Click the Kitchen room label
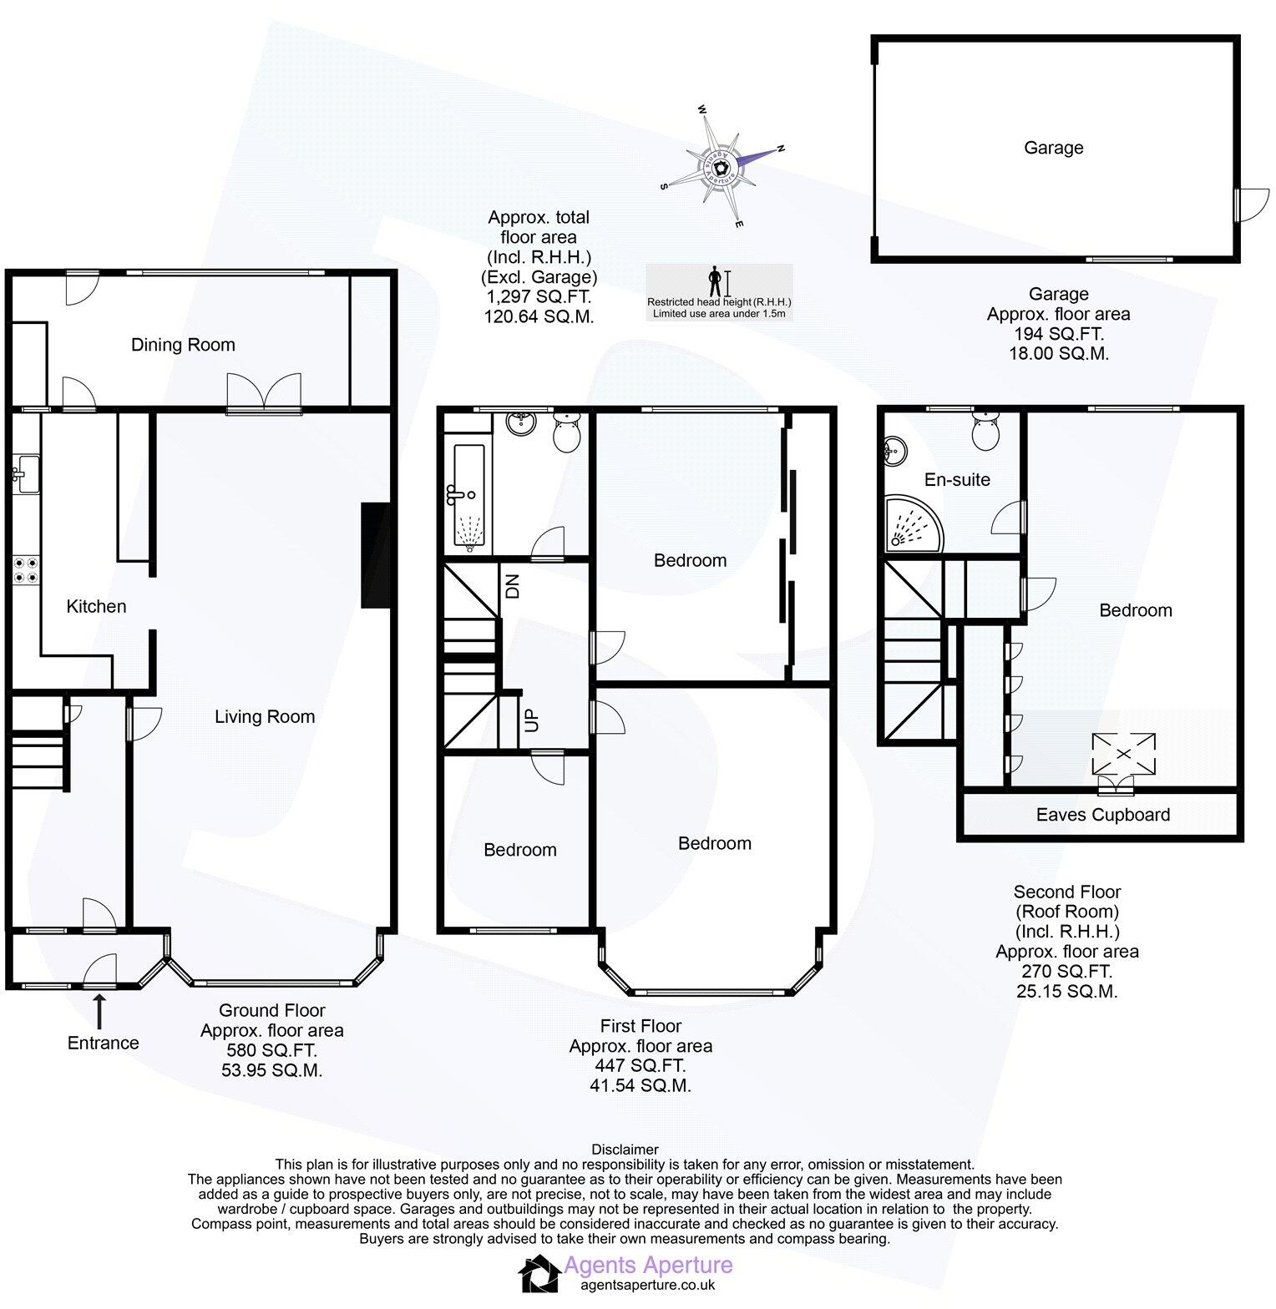coord(96,606)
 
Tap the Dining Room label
coord(183,345)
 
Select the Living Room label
coord(264,716)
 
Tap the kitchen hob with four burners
coord(25,570)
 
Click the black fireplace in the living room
coord(375,555)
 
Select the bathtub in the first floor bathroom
coord(468,498)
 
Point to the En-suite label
coord(957,479)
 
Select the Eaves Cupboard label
coord(1102,815)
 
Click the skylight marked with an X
coord(1123,754)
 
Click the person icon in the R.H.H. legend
coord(714,279)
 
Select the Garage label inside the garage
coord(1053,148)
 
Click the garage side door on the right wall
coord(1251,203)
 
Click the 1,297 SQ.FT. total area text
coord(539,296)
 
